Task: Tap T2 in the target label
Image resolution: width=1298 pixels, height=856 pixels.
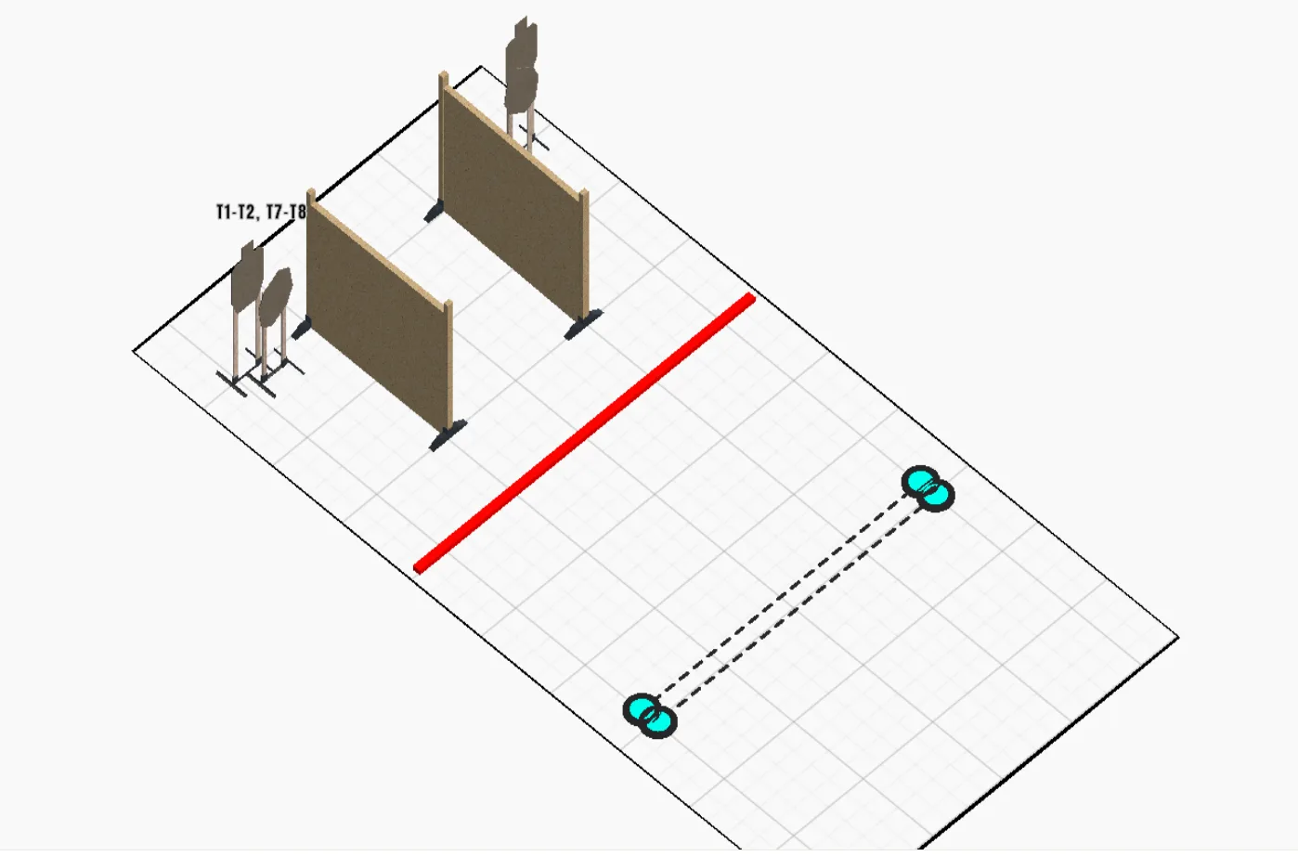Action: tap(246, 212)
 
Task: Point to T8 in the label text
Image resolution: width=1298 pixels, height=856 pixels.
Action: tap(297, 212)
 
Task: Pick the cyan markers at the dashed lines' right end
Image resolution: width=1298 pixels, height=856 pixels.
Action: tap(928, 488)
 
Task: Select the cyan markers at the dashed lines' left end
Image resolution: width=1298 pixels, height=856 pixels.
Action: tap(650, 716)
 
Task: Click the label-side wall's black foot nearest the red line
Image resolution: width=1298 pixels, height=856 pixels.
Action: tap(448, 434)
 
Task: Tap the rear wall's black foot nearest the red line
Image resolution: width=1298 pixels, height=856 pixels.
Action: tap(583, 325)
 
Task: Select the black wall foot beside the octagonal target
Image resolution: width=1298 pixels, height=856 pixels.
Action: tap(301, 329)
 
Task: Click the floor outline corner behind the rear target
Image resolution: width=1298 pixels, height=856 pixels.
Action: tap(481, 67)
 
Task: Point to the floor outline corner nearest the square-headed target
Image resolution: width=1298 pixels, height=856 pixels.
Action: tap(134, 351)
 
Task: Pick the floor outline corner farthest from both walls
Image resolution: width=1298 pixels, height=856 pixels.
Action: tap(1178, 638)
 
